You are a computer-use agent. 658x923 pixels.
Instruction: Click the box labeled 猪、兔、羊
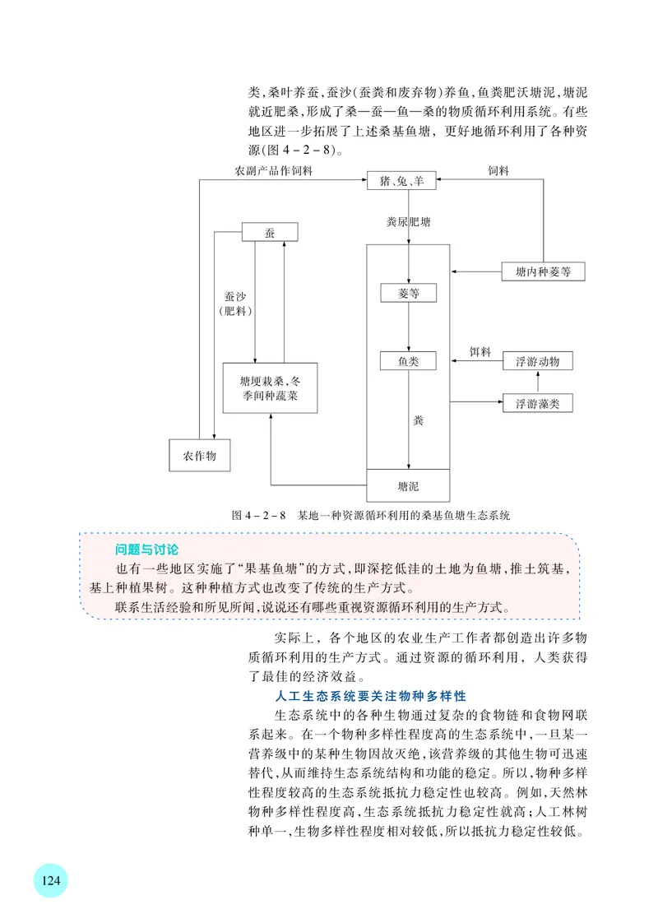[402, 181]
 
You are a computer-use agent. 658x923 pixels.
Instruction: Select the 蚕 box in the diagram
[269, 232]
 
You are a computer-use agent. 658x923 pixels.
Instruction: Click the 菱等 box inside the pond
[409, 293]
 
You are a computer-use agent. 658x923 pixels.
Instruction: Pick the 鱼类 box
[409, 360]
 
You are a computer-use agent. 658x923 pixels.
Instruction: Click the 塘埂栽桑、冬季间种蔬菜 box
[269, 389]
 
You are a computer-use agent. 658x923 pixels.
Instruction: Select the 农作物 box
[199, 456]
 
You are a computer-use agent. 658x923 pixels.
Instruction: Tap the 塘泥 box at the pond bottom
[409, 485]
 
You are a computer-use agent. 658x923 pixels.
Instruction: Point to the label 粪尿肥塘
[409, 221]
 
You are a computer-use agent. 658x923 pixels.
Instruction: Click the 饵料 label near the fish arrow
[480, 352]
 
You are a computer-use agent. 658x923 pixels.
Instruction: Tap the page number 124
[50, 880]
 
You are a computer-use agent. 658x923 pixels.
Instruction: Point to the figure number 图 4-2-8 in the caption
[258, 516]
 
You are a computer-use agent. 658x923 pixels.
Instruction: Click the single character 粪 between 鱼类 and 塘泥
[418, 421]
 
